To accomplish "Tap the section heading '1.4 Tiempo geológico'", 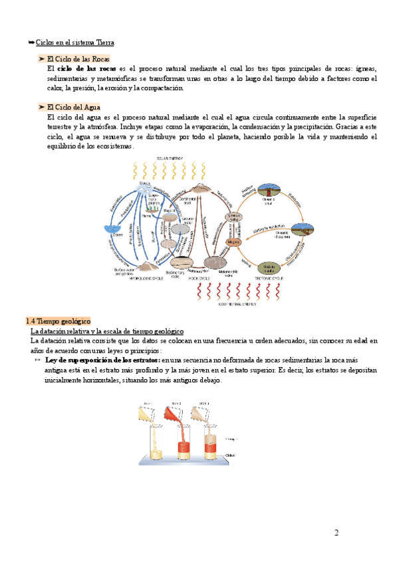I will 58,320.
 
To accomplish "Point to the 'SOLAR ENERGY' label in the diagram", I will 170,159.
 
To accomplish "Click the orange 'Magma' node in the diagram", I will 233,242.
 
